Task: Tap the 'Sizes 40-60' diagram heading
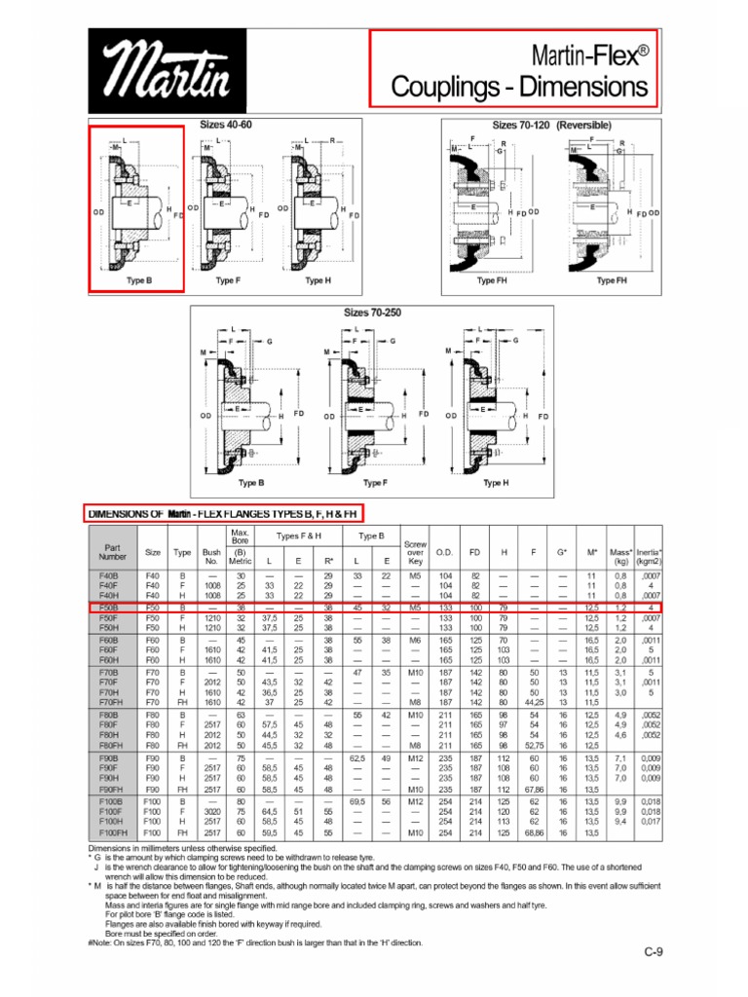[225, 126]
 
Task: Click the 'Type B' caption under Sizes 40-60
[139, 280]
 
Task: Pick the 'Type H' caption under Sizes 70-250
[495, 483]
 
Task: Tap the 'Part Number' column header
[113, 551]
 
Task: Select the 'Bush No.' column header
[212, 557]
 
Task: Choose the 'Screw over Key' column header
[415, 552]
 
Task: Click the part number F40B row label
[109, 575]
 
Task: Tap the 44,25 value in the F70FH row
[534, 701]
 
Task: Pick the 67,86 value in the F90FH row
[534, 790]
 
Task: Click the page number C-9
[652, 952]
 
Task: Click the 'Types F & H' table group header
[298, 536]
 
